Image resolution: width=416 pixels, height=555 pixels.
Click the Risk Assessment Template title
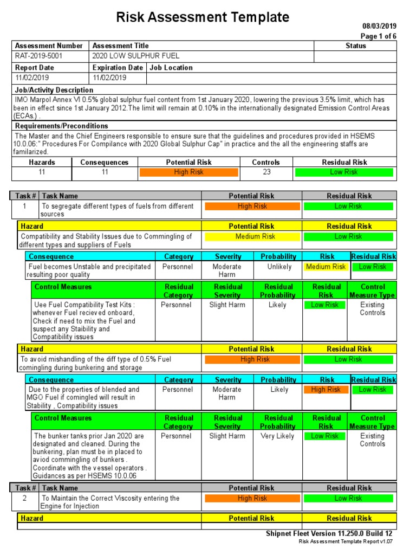tap(203, 17)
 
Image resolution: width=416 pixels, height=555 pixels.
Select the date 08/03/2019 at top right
tap(379, 26)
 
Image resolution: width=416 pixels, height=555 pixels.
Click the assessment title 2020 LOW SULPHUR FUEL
tap(136, 56)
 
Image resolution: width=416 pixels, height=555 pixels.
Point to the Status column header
tap(355, 46)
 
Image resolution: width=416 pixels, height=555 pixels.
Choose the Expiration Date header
tap(118, 68)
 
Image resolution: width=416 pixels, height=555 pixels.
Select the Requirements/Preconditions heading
tap(62, 126)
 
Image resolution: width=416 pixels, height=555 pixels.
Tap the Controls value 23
tap(265, 172)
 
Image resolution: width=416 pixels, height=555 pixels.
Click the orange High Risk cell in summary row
tap(188, 172)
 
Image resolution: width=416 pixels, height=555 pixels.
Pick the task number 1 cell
tap(24, 206)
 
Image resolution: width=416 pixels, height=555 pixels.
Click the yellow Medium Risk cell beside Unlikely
tap(326, 267)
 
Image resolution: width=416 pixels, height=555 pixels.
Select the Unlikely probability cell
tap(279, 267)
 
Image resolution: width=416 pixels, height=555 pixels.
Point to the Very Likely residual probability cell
tap(277, 436)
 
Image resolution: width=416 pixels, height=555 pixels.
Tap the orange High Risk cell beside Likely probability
tap(326, 390)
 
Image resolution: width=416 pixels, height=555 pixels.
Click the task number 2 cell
tap(24, 498)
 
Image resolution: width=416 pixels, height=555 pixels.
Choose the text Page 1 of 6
tap(379, 36)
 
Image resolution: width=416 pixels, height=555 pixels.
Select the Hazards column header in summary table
tap(42, 162)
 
